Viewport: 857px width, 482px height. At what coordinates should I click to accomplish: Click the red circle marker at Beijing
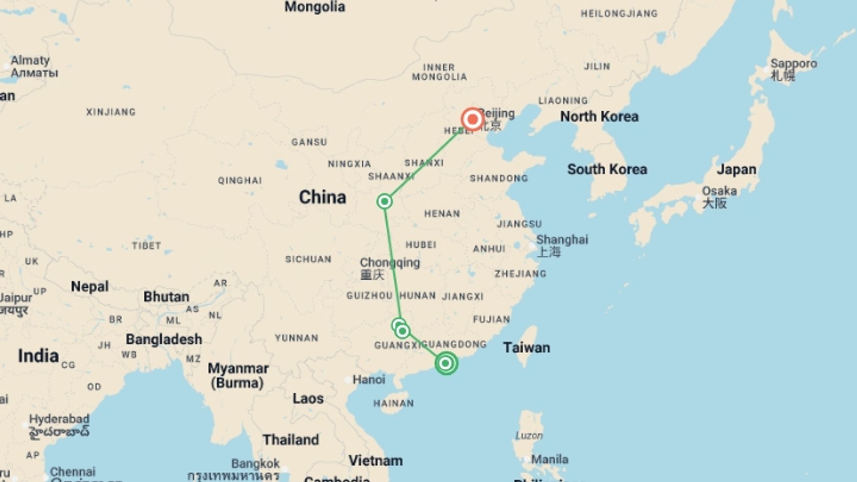(x=472, y=120)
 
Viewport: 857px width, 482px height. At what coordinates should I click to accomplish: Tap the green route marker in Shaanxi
(x=384, y=202)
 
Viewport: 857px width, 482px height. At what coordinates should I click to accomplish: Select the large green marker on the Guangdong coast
(x=445, y=363)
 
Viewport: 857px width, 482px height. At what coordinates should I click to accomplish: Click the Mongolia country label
(x=315, y=7)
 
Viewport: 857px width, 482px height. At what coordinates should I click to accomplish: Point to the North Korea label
(x=599, y=116)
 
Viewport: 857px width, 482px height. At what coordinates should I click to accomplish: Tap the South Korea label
(x=607, y=169)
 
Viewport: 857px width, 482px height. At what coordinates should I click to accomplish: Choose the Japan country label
(x=736, y=170)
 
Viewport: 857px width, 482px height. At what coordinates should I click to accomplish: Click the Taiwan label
(x=526, y=348)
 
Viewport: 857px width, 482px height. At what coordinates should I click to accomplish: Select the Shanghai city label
(x=562, y=240)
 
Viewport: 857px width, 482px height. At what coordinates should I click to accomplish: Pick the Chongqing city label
(x=390, y=263)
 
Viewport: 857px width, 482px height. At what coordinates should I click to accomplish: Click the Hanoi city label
(x=369, y=380)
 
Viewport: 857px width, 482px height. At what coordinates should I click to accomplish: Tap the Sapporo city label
(x=793, y=64)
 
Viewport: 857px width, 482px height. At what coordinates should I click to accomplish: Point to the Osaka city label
(x=719, y=191)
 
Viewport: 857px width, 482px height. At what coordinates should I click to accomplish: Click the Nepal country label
(x=89, y=287)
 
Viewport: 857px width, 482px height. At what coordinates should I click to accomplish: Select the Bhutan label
(x=166, y=297)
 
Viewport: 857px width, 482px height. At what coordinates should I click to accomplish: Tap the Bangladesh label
(x=164, y=339)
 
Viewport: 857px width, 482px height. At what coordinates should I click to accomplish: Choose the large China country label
(x=322, y=197)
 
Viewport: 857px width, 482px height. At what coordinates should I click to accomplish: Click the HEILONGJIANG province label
(x=619, y=14)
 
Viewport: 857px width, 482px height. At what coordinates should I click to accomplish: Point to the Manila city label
(x=549, y=459)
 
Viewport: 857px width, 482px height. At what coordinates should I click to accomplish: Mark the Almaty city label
(x=30, y=61)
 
